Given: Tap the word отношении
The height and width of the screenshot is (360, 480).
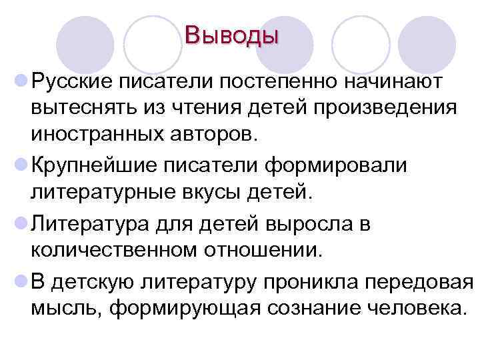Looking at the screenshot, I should point(273,251).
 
